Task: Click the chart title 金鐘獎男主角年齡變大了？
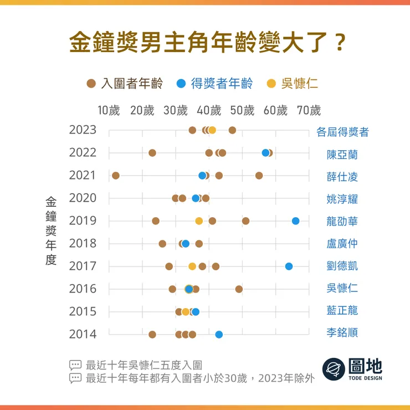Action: pos(204,43)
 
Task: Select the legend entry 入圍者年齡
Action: pos(125,84)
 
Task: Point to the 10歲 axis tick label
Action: pos(109,110)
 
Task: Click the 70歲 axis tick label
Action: pos(309,110)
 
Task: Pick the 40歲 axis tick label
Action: pos(209,110)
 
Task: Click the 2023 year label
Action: pos(83,130)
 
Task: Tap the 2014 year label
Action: pos(83,334)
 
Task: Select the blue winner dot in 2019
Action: pos(295,221)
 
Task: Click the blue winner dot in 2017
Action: pos(289,266)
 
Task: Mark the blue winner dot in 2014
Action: pos(219,334)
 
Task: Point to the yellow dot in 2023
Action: pos(212,130)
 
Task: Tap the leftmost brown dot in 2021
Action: pos(116,176)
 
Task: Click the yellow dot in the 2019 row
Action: pos(199,221)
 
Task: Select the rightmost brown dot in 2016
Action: pos(239,289)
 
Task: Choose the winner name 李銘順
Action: pos(342,333)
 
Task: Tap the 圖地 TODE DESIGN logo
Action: pos(352,368)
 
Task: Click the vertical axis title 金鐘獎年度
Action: pos(51,232)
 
